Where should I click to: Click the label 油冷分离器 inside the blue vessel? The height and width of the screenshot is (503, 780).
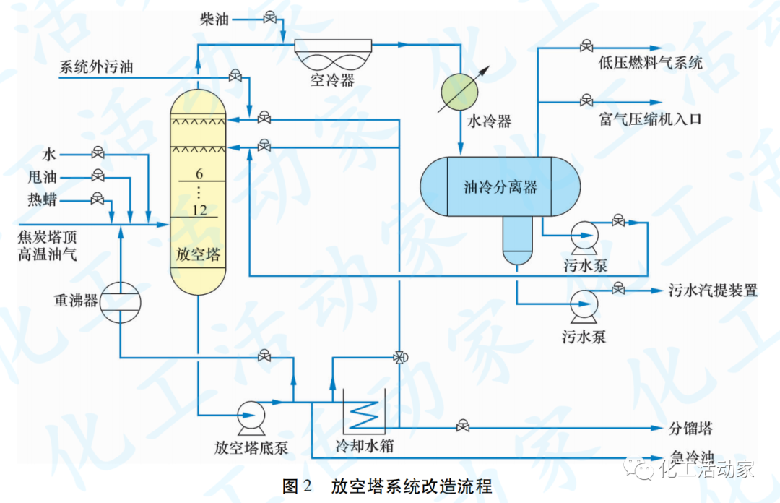tap(500, 187)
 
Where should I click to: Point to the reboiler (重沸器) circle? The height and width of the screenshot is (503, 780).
tap(120, 301)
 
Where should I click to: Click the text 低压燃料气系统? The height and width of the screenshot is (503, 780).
tap(650, 63)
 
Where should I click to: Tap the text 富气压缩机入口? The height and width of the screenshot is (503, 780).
tap(650, 119)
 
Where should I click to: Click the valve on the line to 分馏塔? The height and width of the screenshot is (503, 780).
tap(461, 426)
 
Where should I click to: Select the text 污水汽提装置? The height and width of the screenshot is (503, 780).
tap(712, 291)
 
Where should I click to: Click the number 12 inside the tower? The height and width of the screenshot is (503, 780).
tap(200, 210)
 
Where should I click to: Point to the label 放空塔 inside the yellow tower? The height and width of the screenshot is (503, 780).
tap(199, 255)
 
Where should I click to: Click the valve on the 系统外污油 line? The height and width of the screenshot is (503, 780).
tap(235, 76)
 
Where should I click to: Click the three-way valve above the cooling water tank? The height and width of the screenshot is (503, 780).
tap(399, 356)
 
